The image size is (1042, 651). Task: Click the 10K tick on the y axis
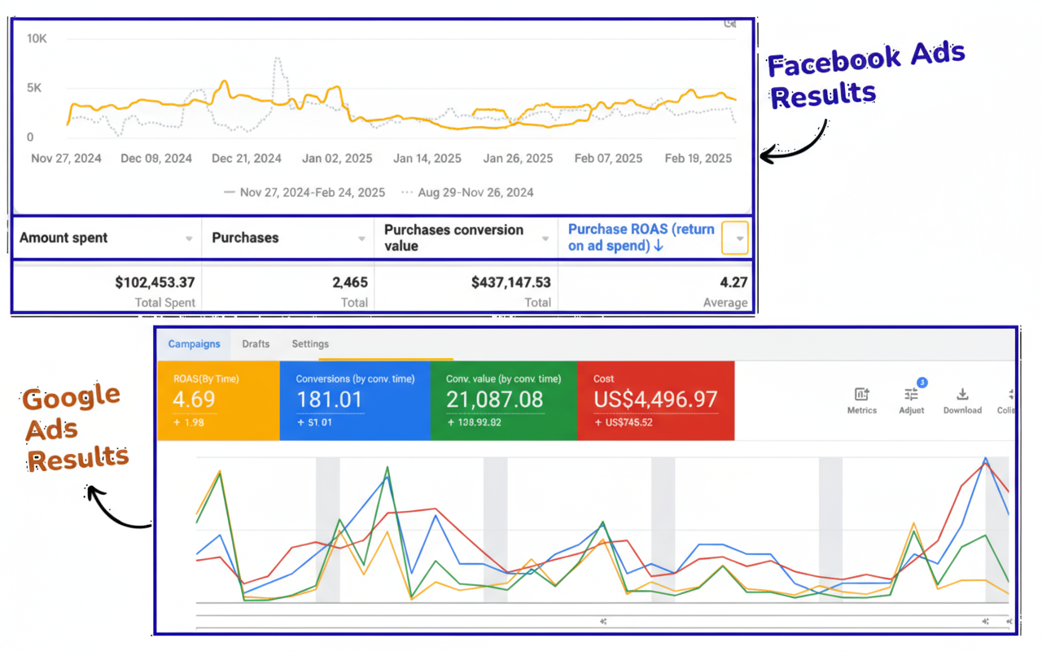click(x=36, y=38)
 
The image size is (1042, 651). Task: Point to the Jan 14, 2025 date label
click(x=427, y=159)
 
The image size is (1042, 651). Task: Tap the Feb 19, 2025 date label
click(x=698, y=159)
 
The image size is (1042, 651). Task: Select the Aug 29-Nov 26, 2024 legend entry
click(x=476, y=193)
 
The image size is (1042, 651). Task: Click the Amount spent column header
click(x=63, y=238)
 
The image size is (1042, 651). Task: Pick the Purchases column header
click(x=245, y=238)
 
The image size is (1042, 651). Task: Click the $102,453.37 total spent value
click(x=155, y=282)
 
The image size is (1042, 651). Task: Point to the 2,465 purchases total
click(x=350, y=282)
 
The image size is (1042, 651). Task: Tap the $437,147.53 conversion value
click(x=510, y=282)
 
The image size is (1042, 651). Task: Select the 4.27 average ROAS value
click(x=733, y=282)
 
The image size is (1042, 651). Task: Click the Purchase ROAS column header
click(x=641, y=238)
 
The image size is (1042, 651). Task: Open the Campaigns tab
click(x=194, y=344)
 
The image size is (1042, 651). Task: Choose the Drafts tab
click(x=256, y=344)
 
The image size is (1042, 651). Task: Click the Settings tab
click(x=310, y=344)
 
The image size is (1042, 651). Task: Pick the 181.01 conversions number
click(x=330, y=400)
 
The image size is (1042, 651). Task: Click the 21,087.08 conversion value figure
click(x=494, y=400)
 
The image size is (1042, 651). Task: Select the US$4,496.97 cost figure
click(x=655, y=400)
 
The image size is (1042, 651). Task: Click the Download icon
click(x=962, y=395)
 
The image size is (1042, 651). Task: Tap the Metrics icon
click(x=861, y=395)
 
